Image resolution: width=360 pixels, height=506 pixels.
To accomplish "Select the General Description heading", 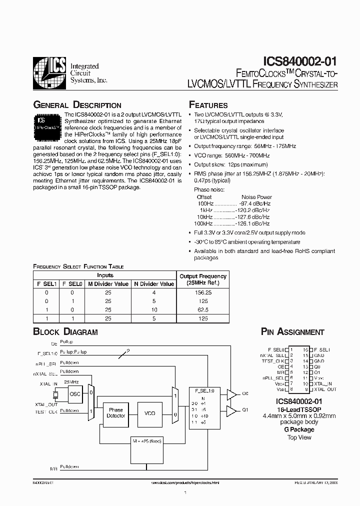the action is click(77, 105).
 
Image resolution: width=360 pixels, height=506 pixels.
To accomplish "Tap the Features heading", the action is click(208, 105).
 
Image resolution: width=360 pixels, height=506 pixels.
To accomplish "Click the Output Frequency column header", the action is click(202, 279).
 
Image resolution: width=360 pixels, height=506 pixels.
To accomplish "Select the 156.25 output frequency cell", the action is click(202, 292).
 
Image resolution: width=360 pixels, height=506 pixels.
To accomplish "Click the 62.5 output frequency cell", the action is click(202, 309).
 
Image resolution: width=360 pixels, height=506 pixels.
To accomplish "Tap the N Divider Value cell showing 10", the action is click(153, 309).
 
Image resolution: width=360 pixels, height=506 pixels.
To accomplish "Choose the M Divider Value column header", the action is click(108, 283).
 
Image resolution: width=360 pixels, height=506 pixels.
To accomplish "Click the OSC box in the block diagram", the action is click(75, 393).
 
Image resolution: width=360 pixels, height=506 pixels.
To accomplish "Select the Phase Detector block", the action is click(116, 413).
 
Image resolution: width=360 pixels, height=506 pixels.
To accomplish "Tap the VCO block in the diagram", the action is click(150, 413).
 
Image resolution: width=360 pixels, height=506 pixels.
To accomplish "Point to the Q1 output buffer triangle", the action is click(231, 411).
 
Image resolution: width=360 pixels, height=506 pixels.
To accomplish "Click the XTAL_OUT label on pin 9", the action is click(325, 389).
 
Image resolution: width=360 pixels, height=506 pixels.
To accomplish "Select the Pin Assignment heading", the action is click(292, 331).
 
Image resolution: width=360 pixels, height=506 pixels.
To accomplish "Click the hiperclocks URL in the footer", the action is click(185, 483).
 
